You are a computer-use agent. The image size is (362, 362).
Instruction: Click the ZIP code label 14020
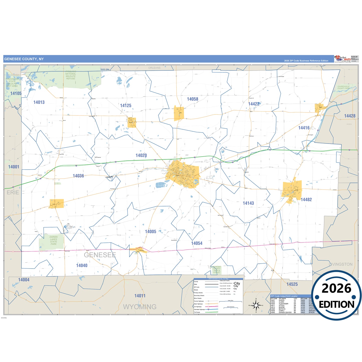(141, 156)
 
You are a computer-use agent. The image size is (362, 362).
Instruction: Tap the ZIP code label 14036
(78, 176)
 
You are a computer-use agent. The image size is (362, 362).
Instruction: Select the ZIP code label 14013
(39, 102)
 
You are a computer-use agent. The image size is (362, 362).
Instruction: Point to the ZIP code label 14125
(126, 105)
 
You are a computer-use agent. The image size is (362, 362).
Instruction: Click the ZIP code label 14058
(192, 99)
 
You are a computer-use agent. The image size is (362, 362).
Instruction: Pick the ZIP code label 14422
(254, 104)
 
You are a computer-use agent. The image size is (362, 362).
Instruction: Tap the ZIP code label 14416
(304, 128)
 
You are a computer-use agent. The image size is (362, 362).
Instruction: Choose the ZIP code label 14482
(306, 200)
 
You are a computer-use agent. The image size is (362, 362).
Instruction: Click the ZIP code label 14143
(248, 203)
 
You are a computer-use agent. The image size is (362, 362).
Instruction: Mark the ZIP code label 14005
(151, 231)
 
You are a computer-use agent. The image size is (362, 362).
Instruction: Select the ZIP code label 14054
(197, 243)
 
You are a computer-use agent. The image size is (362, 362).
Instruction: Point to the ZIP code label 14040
(82, 265)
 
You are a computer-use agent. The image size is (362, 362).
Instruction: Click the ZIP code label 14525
(292, 284)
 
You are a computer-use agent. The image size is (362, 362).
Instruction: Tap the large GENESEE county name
(100, 255)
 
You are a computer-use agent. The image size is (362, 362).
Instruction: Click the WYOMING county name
(140, 307)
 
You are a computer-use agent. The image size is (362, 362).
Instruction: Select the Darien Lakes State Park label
(53, 240)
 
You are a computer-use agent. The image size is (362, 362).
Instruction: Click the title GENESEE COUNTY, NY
(24, 59)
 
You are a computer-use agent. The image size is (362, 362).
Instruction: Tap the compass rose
(256, 305)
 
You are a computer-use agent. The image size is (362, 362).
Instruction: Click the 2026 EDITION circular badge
(336, 295)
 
